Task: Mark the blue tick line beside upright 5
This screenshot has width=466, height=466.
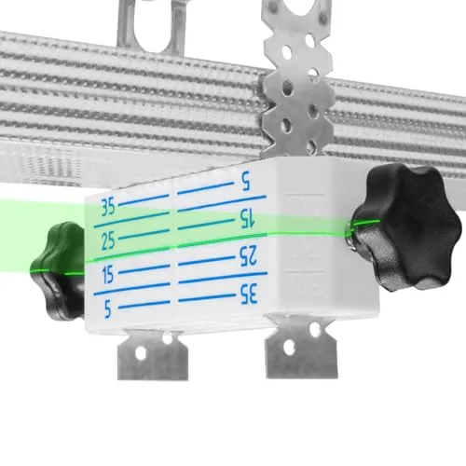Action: click(144, 304)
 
